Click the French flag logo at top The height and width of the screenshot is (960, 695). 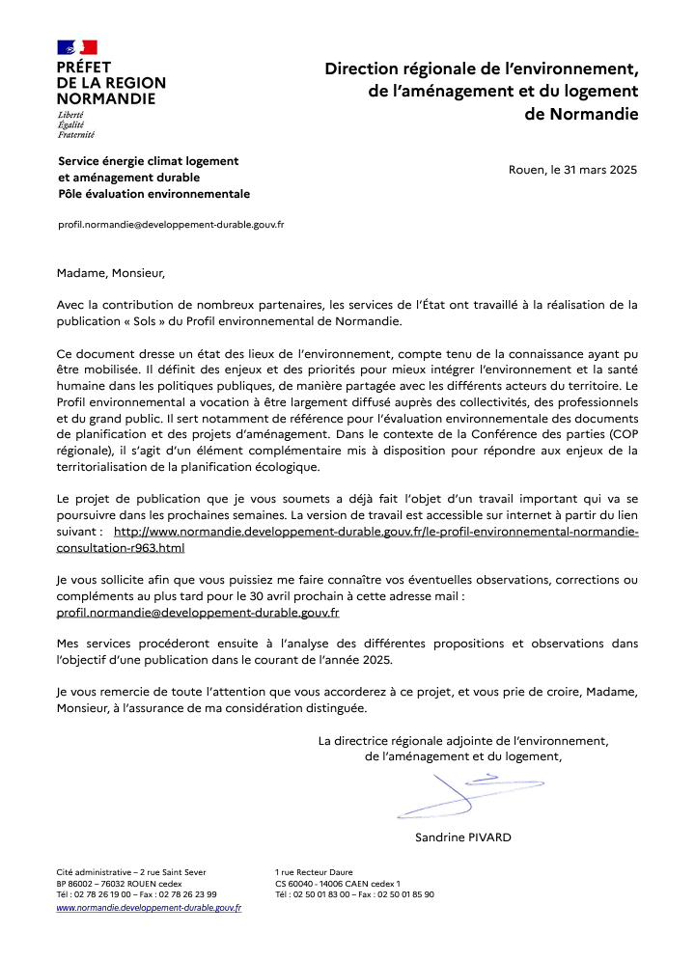[77, 47]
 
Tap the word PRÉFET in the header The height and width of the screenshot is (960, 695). [84, 68]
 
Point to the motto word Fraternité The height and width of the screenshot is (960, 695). [77, 134]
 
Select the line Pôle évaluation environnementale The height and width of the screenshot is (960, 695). [153, 194]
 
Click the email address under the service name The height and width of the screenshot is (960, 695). [171, 224]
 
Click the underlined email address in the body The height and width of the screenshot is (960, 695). [198, 612]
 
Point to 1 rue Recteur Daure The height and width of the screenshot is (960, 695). [314, 871]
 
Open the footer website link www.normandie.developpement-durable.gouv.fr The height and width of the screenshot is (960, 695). [149, 908]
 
